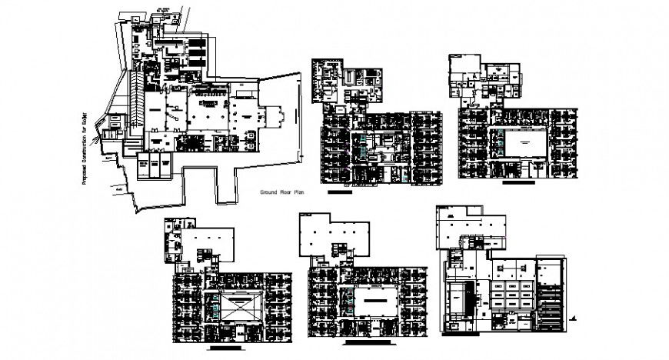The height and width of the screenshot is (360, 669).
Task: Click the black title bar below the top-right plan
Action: (516, 185)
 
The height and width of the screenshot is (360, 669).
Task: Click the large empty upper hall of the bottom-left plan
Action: (212, 240)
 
